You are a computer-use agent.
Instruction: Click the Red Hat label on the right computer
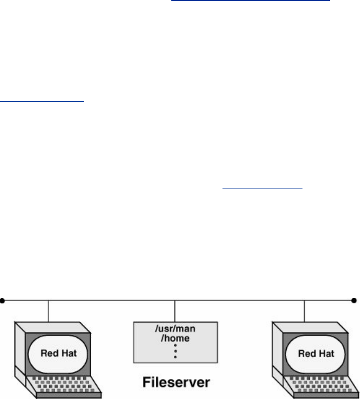click(311, 353)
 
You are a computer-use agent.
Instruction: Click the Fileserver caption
click(175, 383)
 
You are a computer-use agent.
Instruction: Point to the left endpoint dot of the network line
click(3, 301)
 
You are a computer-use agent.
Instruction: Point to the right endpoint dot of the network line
click(354, 301)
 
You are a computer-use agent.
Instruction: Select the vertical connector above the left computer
click(48, 311)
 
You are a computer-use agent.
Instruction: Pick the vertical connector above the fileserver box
click(174, 311)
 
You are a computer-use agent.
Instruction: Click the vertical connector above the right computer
click(304, 311)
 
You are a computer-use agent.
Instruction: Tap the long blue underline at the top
click(251, 2)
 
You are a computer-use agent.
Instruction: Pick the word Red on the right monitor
click(304, 353)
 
